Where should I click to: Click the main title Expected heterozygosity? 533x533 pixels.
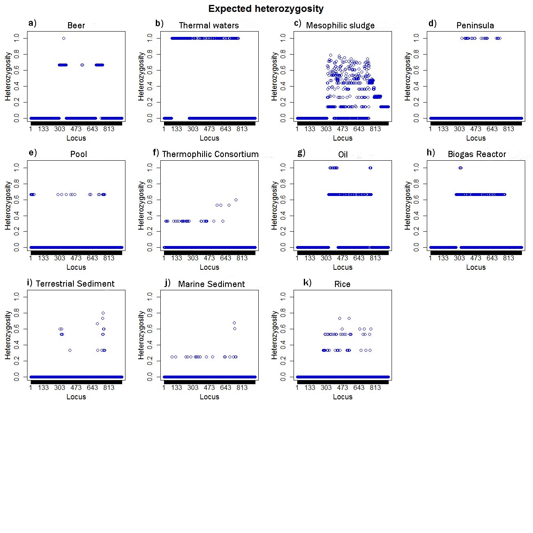point(266,9)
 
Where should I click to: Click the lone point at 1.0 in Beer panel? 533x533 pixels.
point(64,39)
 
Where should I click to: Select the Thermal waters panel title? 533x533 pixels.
point(209,25)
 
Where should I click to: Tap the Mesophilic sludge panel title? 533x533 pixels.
point(340,25)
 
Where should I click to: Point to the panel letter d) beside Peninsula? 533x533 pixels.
point(433,23)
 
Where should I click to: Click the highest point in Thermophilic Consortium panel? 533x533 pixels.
point(236,200)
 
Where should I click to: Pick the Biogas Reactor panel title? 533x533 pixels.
point(477,154)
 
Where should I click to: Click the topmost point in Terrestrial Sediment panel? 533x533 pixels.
point(103,313)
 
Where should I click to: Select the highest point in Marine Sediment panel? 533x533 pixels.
point(234,323)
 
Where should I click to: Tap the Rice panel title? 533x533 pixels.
point(342,284)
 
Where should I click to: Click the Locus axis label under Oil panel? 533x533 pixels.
point(342,267)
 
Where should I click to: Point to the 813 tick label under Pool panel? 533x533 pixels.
point(109,258)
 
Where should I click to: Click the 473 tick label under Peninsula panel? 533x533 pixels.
point(476,129)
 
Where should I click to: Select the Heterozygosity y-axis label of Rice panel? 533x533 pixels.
point(274,335)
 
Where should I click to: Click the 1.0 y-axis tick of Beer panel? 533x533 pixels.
point(16,38)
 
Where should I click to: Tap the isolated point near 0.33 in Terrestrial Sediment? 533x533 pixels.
point(70,351)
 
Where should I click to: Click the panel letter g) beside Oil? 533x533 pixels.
point(301,153)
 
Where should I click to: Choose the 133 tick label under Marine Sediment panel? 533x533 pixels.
point(176,388)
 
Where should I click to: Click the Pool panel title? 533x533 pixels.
point(78,154)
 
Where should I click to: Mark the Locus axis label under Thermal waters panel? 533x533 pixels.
point(209,138)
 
